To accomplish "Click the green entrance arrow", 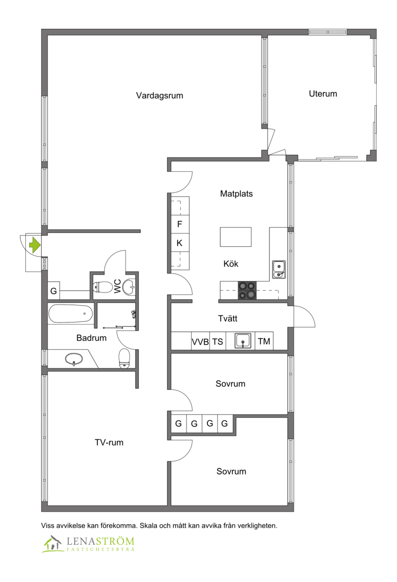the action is (35, 245).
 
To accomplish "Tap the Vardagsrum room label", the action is (159, 95).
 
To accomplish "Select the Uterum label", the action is (323, 93).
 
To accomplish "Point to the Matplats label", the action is (236, 193).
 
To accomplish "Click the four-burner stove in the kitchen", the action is (247, 291).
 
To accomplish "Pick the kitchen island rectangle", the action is (236, 237).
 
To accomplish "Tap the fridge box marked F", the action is (180, 224).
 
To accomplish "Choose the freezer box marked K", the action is (180, 243).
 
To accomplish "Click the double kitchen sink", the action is (279, 270).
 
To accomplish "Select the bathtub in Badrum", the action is (70, 314).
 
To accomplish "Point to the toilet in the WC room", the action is (103, 287).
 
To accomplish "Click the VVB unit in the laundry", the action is (200, 342).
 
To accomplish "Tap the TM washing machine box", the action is (264, 341).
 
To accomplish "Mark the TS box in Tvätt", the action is (218, 342).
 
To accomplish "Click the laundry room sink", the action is (243, 341).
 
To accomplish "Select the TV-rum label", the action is (109, 442).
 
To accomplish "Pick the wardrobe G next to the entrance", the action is (54, 291).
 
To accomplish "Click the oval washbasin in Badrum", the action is (74, 359).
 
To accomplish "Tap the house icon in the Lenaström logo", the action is (52, 543).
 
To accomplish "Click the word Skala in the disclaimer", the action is (148, 525).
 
